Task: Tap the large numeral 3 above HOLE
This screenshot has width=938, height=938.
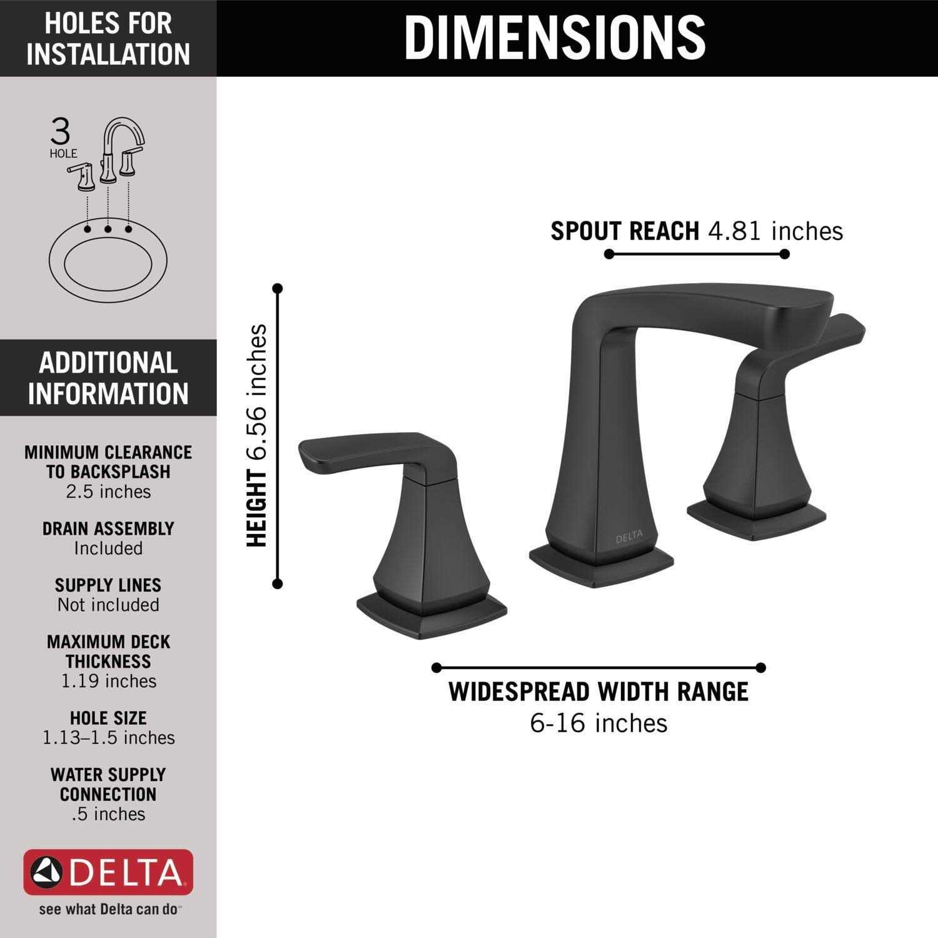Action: click(x=61, y=133)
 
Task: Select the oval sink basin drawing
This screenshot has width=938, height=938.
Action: click(x=108, y=260)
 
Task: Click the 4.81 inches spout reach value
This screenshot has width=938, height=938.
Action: click(x=775, y=231)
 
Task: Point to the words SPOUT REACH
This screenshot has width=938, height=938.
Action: click(x=625, y=231)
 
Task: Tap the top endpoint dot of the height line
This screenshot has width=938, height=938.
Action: click(x=278, y=288)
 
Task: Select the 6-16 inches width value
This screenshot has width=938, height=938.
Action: click(x=598, y=724)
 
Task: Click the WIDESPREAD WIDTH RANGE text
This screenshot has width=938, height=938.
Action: click(x=598, y=692)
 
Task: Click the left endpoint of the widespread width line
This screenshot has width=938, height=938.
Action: click(x=436, y=668)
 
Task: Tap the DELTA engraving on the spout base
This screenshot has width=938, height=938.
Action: click(x=628, y=538)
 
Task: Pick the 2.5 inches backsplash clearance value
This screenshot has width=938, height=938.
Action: click(x=108, y=492)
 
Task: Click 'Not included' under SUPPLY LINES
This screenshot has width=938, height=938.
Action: click(x=108, y=605)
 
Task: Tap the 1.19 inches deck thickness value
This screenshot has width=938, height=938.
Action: click(x=108, y=681)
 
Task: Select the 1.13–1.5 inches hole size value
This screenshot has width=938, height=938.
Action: click(x=108, y=738)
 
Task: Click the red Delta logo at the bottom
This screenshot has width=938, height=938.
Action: click(x=108, y=872)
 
